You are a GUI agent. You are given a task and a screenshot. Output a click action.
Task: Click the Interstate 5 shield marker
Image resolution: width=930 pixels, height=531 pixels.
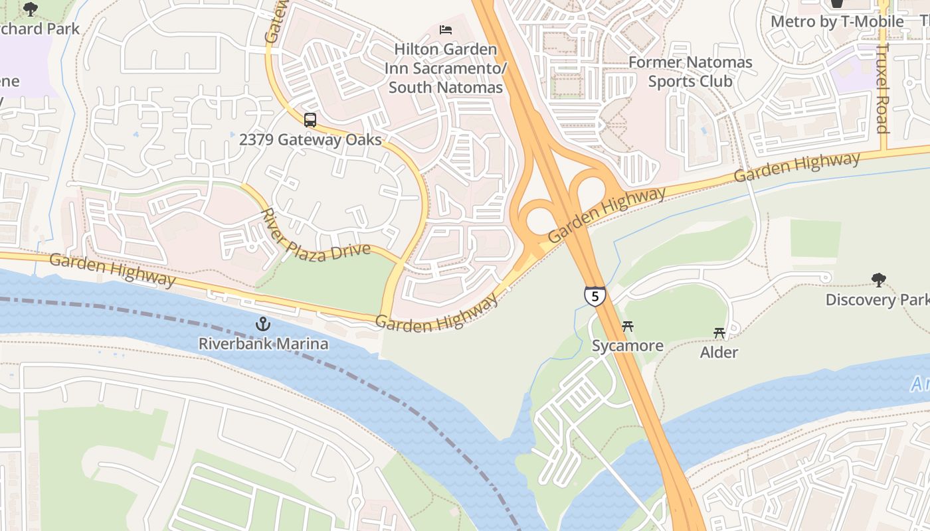pyautogui.click(x=595, y=296)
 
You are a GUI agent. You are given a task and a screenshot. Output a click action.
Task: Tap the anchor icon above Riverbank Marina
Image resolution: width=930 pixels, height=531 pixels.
pyautogui.click(x=264, y=325)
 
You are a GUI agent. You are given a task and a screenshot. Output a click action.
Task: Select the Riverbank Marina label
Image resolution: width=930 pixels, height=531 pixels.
pyautogui.click(x=264, y=344)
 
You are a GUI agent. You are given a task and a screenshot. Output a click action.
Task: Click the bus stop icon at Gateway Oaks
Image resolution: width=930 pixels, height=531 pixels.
pyautogui.click(x=310, y=120)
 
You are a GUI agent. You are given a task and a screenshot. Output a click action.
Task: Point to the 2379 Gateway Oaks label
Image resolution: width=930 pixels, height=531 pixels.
pyautogui.click(x=310, y=139)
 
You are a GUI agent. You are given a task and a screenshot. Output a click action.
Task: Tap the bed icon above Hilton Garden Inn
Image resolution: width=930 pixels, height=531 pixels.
pyautogui.click(x=446, y=30)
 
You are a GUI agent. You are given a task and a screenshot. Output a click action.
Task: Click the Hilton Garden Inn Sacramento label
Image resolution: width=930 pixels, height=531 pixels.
pyautogui.click(x=445, y=68)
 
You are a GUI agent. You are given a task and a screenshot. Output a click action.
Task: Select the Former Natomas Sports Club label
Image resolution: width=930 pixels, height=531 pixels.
pyautogui.click(x=690, y=72)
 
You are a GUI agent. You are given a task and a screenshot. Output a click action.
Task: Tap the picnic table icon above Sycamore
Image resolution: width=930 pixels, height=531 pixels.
pyautogui.click(x=627, y=327)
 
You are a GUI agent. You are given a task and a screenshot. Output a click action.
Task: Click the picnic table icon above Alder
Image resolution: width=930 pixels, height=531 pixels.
pyautogui.click(x=719, y=333)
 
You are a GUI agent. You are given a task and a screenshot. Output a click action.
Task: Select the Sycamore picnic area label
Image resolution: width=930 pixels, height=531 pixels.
pyautogui.click(x=627, y=346)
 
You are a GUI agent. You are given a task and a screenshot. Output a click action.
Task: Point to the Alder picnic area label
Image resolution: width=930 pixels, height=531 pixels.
pyautogui.click(x=719, y=352)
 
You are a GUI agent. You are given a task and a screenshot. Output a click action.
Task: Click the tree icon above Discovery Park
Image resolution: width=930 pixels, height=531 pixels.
pyautogui.click(x=879, y=280)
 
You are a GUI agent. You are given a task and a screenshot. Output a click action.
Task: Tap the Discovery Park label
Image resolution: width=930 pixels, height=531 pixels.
pyautogui.click(x=877, y=300)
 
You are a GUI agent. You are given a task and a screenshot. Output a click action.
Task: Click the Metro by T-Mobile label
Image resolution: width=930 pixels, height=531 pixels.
pyautogui.click(x=837, y=22)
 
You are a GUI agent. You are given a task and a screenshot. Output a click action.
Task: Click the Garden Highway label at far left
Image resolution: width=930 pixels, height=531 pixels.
pyautogui.click(x=112, y=269)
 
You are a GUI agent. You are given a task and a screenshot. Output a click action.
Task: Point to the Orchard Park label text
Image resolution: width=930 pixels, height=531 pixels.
pyautogui.click(x=40, y=29)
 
